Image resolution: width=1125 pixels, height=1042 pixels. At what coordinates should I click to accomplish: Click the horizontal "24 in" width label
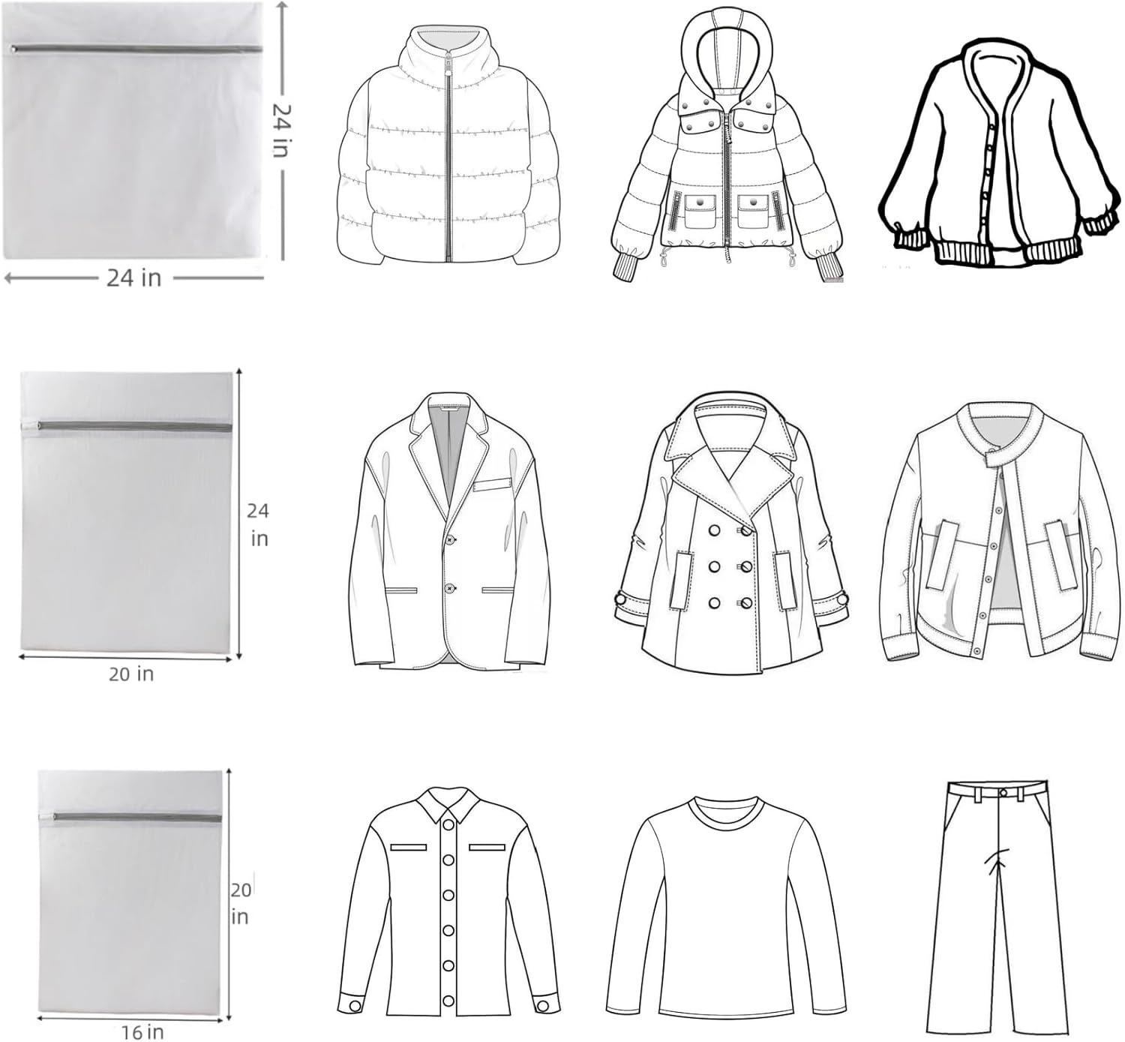(x=134, y=278)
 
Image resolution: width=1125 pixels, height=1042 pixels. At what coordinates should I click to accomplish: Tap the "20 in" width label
(x=131, y=674)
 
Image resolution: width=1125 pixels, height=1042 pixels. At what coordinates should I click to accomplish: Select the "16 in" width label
(x=142, y=1032)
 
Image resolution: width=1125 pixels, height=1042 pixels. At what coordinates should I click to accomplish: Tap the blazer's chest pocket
(x=492, y=485)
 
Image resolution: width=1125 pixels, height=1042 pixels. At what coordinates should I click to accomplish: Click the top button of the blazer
(x=451, y=539)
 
